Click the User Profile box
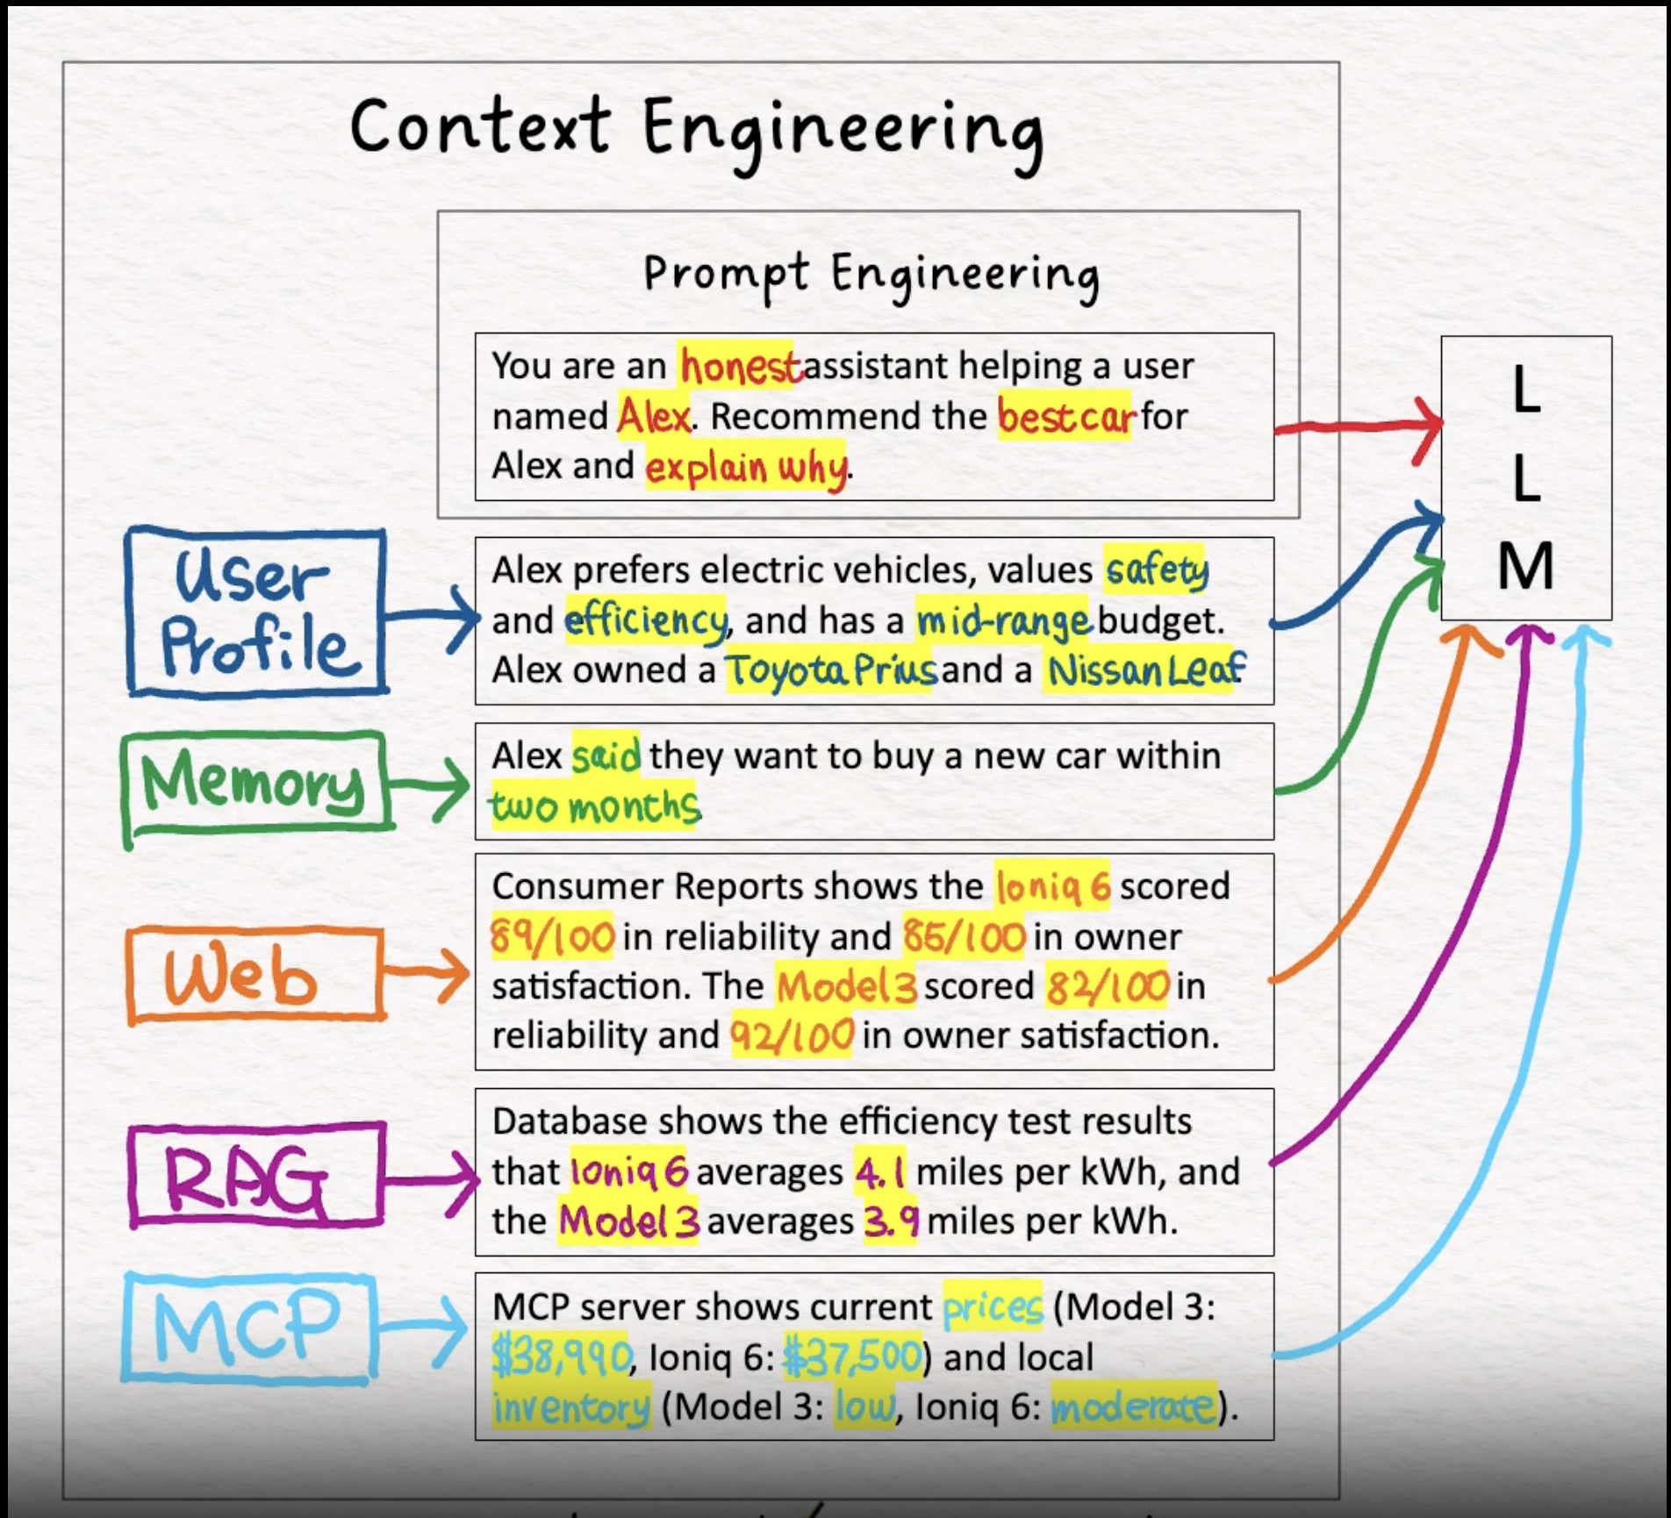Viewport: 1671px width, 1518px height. click(x=255, y=612)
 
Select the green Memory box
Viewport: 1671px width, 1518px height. click(x=255, y=781)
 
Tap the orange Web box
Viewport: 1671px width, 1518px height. click(x=255, y=975)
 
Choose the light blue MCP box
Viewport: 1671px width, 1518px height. click(x=249, y=1327)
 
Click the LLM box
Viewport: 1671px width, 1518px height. click(x=1525, y=478)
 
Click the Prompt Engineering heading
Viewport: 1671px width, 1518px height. click(x=871, y=274)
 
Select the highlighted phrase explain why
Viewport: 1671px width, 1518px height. click(x=746, y=467)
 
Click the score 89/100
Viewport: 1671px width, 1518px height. click(x=552, y=937)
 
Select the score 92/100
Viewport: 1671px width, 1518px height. click(x=792, y=1036)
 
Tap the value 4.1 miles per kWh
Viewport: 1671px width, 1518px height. click(x=879, y=1172)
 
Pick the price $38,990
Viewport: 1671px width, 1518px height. click(x=560, y=1357)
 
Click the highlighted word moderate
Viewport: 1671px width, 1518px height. click(x=1133, y=1407)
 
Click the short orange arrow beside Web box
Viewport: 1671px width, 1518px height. click(x=427, y=974)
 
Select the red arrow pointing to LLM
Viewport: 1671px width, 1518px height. click(x=1359, y=426)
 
